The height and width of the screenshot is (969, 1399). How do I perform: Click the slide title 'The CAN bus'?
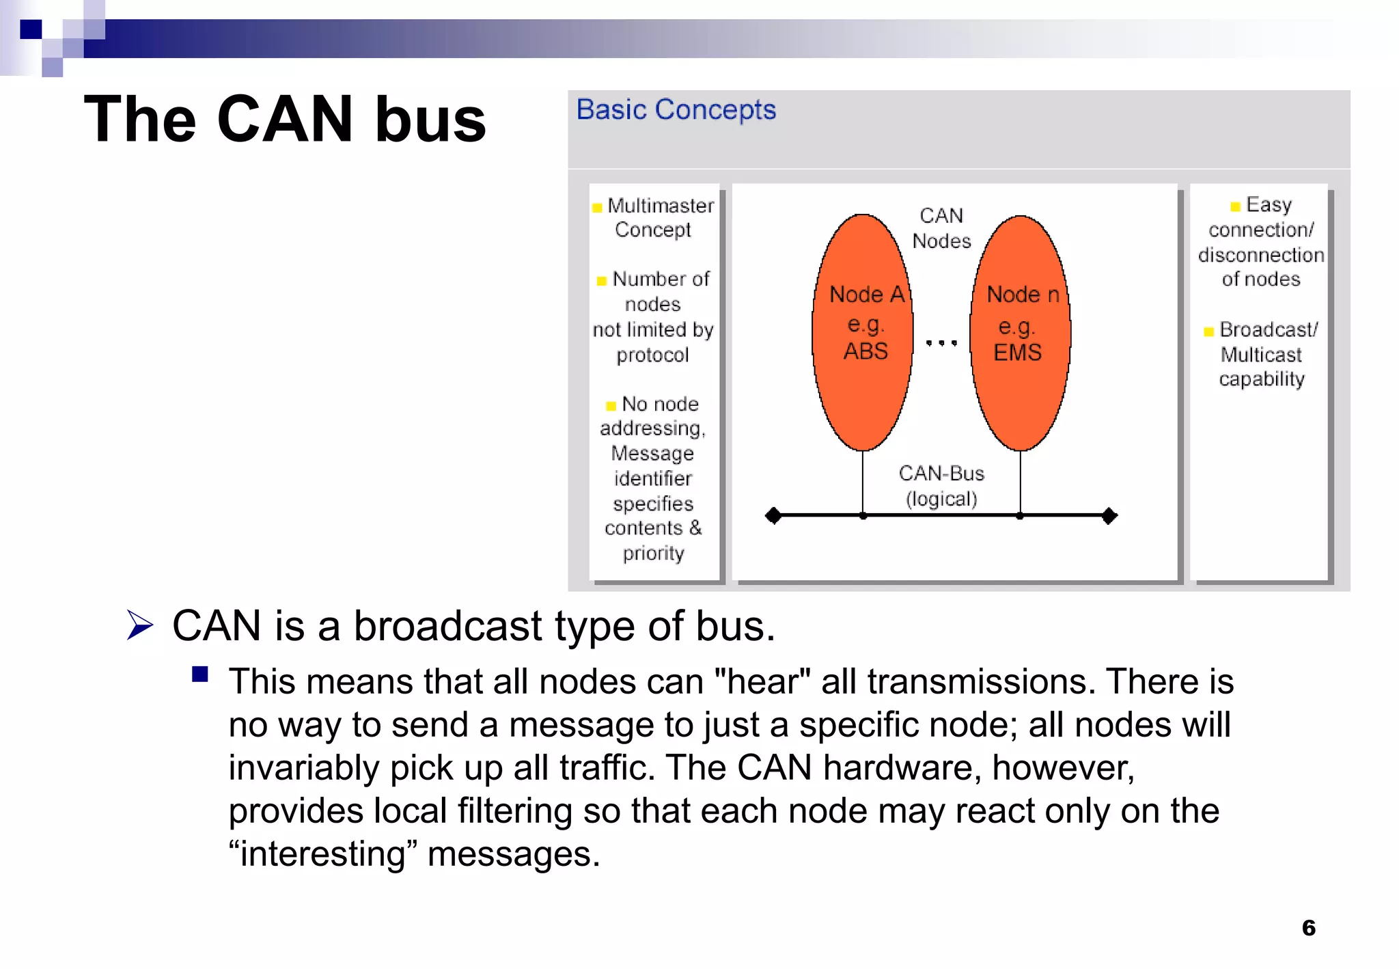(285, 120)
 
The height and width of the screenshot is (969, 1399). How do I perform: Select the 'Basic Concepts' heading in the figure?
(676, 109)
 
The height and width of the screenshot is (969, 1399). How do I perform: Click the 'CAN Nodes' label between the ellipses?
(941, 228)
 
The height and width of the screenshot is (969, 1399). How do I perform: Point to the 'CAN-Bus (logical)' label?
(941, 486)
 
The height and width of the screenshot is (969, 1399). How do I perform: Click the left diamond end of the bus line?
(773, 515)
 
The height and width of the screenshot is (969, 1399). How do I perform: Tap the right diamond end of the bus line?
(1109, 515)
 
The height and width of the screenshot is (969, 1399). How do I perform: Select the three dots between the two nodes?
(941, 342)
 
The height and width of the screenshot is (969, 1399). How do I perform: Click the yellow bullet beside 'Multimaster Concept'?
(597, 208)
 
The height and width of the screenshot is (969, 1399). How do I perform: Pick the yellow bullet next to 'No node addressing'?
(611, 406)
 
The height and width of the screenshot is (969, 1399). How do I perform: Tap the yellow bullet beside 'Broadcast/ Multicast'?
(1208, 332)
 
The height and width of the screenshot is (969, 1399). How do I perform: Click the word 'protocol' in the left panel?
(652, 355)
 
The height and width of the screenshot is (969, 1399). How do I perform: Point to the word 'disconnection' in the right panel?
(1261, 255)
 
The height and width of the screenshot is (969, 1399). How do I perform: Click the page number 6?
(1308, 928)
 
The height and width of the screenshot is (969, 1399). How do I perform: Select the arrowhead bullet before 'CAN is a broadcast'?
(140, 625)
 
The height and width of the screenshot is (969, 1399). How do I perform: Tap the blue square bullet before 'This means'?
(200, 675)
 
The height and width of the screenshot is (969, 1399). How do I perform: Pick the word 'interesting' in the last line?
(324, 854)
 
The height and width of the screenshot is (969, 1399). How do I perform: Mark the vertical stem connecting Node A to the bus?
(863, 482)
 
